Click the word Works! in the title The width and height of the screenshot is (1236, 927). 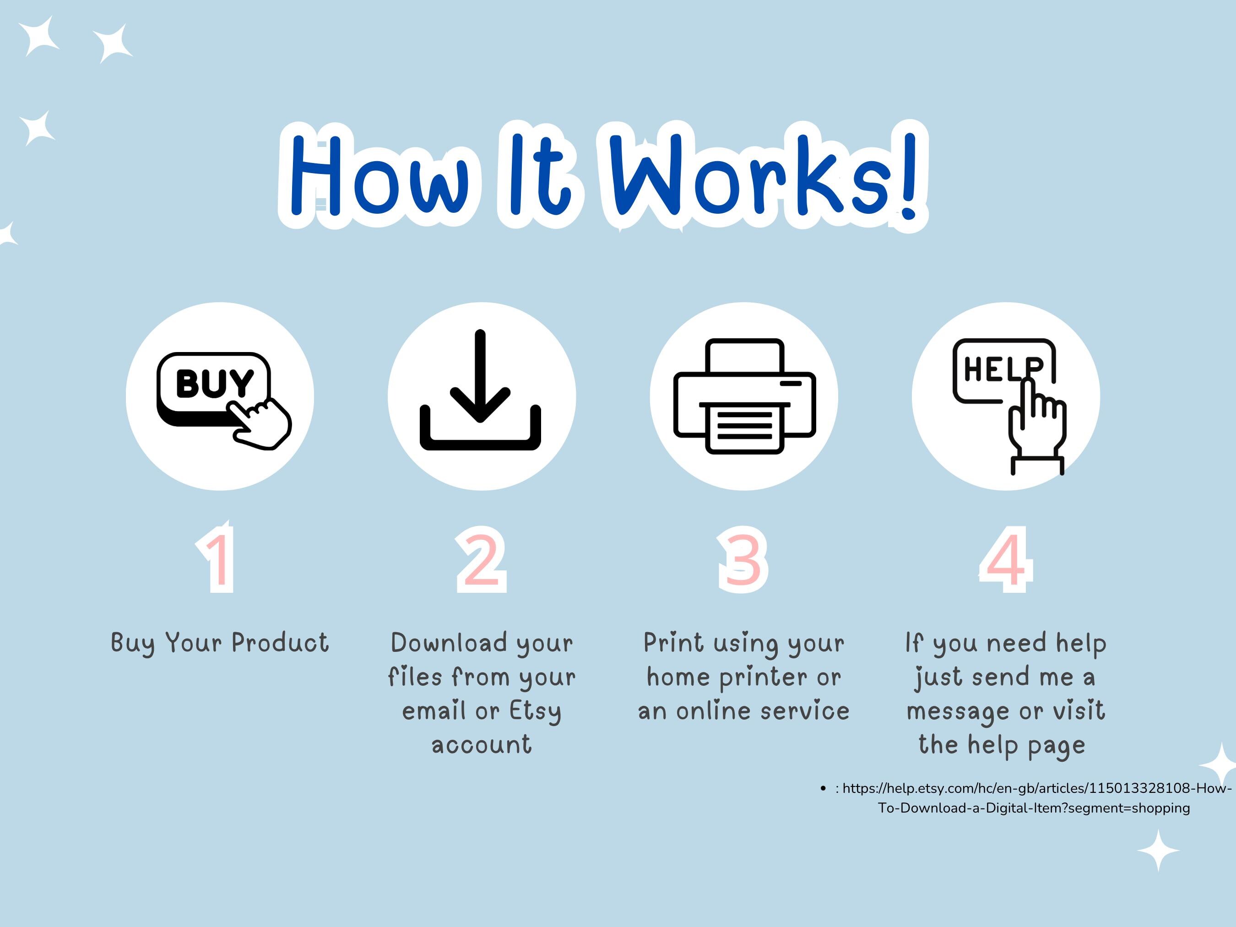pos(763,176)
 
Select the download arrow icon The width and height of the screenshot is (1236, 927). pos(481,391)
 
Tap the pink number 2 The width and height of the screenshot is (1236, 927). pos(481,559)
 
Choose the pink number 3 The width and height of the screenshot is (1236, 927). pos(743,559)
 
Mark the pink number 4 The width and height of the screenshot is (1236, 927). pos(1005,559)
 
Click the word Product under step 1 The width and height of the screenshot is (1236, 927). pos(280,643)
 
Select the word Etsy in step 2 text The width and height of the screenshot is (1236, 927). pos(535,711)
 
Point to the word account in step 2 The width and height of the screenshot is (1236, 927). pos(482,745)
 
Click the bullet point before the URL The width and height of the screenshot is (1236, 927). pos(823,788)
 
